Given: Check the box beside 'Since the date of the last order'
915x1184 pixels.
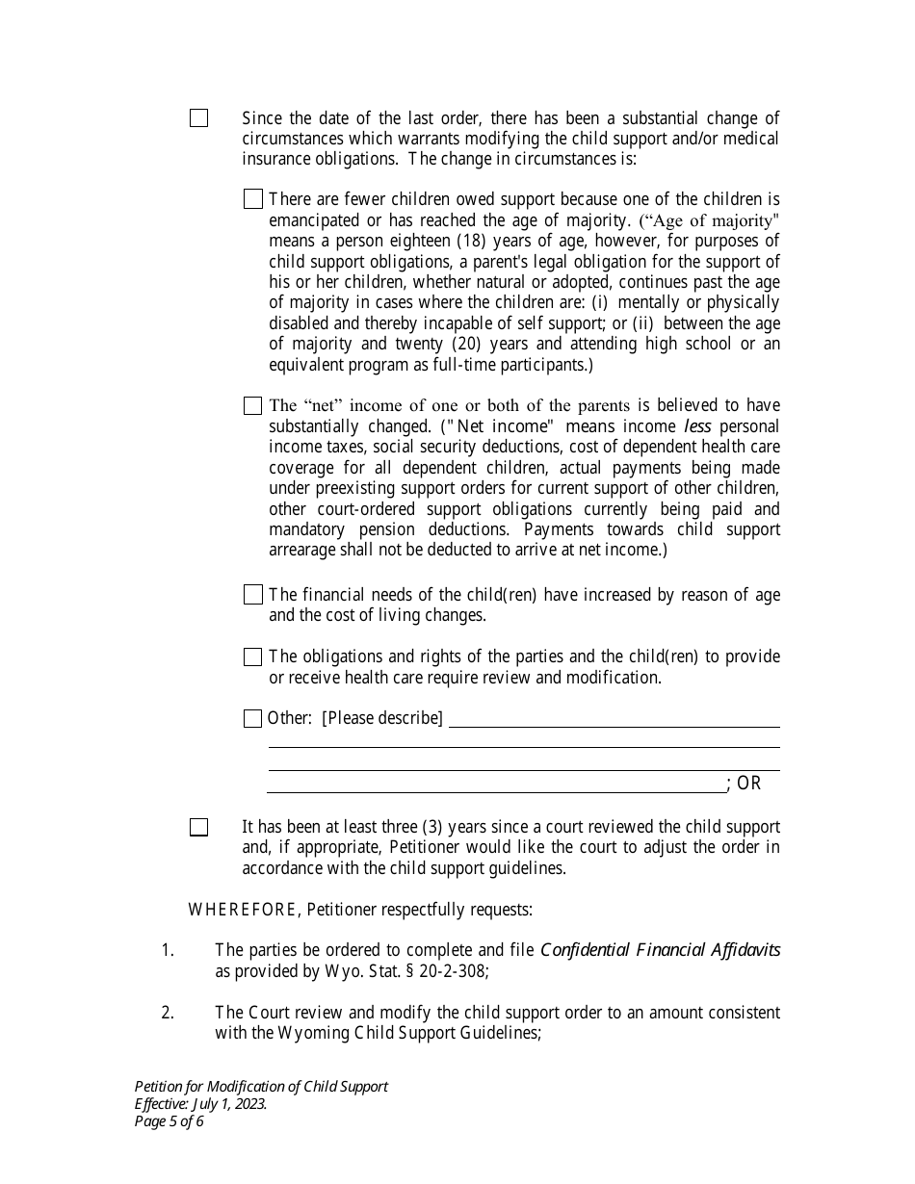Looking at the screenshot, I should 198,118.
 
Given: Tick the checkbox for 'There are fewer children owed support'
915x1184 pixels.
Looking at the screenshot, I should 253,199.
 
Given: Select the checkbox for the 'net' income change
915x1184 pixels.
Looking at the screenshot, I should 253,406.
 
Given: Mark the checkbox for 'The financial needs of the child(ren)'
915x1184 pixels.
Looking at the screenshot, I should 253,595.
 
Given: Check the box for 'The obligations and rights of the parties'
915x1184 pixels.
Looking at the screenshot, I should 253,656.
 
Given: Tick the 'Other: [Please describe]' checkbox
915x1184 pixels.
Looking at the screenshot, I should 253,718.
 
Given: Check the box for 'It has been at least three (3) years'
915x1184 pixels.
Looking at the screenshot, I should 198,827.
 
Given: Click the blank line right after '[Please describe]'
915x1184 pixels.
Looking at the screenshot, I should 614,720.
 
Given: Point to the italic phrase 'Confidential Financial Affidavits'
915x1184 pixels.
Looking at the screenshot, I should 660,950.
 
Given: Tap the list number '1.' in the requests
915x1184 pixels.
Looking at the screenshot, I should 168,950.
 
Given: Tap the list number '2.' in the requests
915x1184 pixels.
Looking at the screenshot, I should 168,1013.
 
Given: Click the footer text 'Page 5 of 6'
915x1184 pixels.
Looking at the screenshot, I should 170,1120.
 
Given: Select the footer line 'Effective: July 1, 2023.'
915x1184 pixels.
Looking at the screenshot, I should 200,1103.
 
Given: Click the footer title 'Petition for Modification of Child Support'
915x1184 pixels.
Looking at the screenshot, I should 261,1086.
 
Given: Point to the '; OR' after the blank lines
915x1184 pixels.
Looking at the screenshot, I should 745,784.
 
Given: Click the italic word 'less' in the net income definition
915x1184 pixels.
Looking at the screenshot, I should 697,426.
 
